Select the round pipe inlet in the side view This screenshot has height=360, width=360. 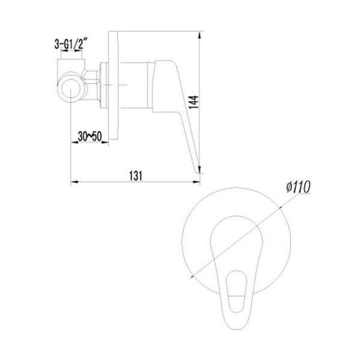[x=72, y=91]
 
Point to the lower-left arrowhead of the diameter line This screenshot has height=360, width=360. [x=191, y=277]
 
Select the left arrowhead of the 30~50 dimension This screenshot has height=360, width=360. [x=73, y=142]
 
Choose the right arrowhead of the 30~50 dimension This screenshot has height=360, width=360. [x=106, y=142]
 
